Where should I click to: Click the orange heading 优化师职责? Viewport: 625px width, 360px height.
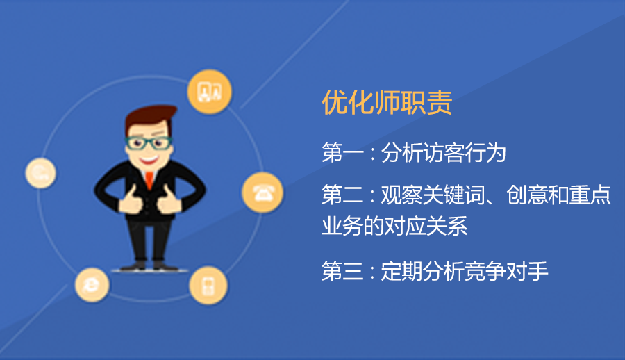pos(387,102)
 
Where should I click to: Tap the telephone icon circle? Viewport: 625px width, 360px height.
pos(262,193)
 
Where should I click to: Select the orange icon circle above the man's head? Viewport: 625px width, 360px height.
pos(209,92)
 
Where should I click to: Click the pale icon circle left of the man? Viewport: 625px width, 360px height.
pos(41,173)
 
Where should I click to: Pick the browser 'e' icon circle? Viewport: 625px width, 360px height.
pos(92,284)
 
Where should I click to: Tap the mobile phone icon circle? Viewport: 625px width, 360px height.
pos(208,286)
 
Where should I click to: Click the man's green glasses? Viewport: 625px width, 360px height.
pos(149,142)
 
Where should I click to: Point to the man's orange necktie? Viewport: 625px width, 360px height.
pos(149,179)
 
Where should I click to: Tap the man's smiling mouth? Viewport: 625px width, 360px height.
pos(149,161)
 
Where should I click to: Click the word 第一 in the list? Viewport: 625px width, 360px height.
pos(342,152)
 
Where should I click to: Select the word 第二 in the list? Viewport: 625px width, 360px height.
pos(342,195)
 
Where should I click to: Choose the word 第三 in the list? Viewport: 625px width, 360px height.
pos(342,272)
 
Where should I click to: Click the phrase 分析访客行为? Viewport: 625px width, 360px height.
pos(444,152)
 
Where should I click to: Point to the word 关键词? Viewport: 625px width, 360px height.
pos(454,195)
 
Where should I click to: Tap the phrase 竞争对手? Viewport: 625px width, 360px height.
pos(507,272)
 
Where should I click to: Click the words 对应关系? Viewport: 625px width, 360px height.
pos(426,226)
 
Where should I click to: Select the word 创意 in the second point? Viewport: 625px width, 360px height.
pos(527,195)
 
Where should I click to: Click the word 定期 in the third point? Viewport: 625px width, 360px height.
pos(402,272)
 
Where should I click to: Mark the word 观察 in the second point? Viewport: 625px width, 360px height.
pos(402,195)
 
